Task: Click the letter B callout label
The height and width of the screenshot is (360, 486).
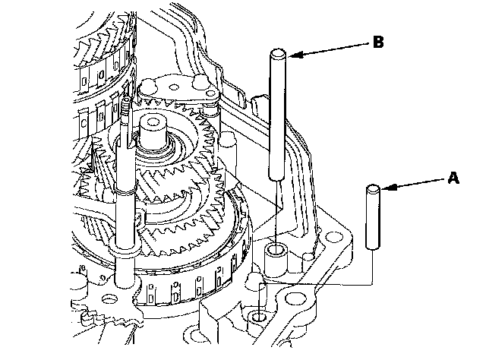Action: click(x=378, y=42)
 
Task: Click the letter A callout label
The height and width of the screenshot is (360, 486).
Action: click(x=453, y=178)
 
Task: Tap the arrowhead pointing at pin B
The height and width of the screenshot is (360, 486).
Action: click(x=295, y=55)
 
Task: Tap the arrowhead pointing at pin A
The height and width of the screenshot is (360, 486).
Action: click(x=389, y=188)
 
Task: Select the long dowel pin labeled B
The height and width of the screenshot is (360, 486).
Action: click(x=277, y=115)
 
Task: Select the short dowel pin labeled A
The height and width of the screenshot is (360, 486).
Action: click(x=373, y=217)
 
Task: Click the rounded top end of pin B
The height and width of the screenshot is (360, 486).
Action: click(x=278, y=52)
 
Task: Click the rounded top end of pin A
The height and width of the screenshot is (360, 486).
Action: click(x=373, y=188)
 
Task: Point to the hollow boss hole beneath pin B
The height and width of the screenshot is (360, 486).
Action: click(x=275, y=249)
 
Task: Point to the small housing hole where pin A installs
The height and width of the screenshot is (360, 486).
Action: click(x=257, y=317)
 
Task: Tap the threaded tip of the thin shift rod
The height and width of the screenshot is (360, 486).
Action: click(x=126, y=106)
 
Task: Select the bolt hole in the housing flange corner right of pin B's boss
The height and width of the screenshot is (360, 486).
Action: click(x=333, y=237)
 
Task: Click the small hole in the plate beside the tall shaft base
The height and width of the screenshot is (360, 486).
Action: click(x=109, y=299)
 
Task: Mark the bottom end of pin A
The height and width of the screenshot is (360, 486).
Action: click(x=373, y=247)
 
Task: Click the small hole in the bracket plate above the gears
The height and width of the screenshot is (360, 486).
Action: click(x=174, y=87)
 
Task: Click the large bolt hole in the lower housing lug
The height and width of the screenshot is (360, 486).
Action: click(x=292, y=299)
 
